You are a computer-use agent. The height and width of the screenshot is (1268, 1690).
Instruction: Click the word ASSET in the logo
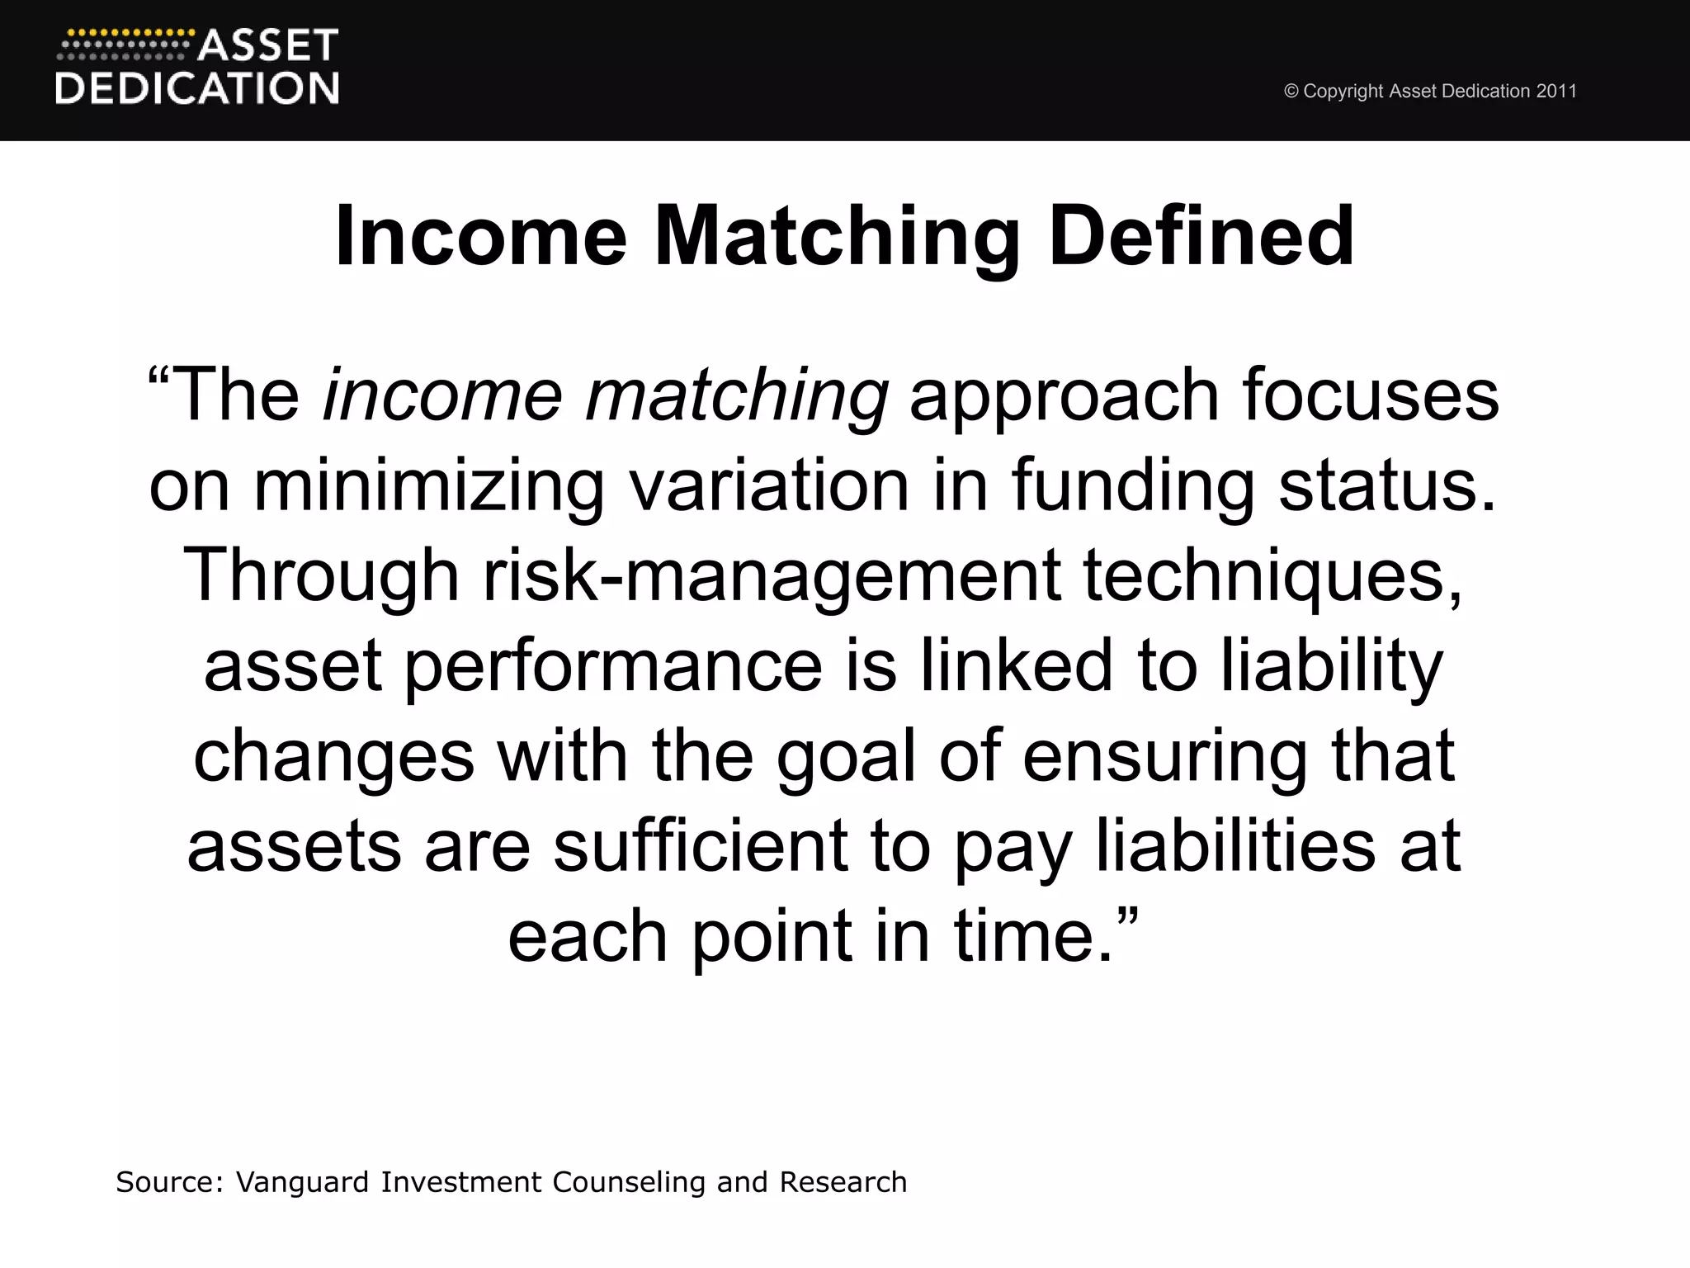(268, 46)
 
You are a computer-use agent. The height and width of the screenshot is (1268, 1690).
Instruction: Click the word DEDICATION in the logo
(197, 88)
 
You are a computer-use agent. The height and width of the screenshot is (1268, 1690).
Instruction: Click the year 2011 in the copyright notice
(1556, 91)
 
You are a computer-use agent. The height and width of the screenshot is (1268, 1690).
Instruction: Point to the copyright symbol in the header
(1291, 92)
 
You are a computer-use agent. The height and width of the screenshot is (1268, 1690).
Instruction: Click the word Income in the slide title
(481, 237)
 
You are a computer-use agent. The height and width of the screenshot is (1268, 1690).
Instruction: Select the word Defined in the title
(1201, 237)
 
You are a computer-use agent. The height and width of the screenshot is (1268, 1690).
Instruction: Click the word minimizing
(429, 486)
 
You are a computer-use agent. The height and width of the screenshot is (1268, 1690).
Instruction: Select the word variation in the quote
(769, 486)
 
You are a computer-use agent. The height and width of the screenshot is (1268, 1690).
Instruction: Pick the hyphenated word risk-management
(772, 576)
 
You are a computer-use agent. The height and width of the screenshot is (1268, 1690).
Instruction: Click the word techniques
(1272, 576)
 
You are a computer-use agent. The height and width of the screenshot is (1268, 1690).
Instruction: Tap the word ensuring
(1165, 757)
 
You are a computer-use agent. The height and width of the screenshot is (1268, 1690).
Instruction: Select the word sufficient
(701, 846)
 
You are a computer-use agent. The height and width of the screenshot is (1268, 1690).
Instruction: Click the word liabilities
(1235, 846)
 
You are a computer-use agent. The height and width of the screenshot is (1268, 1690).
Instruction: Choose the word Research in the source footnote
(843, 1182)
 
